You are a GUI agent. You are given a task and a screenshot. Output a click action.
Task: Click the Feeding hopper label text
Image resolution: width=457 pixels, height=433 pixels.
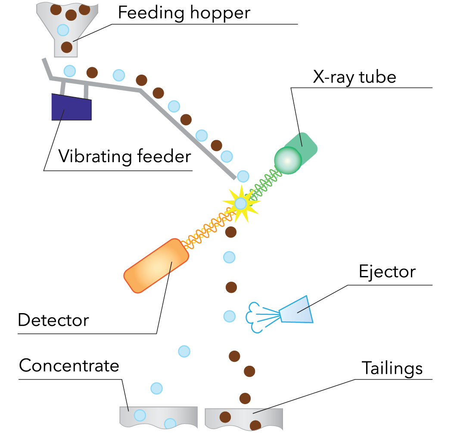[x=183, y=13]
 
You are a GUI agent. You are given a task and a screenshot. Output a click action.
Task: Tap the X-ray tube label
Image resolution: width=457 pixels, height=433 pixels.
[x=354, y=78]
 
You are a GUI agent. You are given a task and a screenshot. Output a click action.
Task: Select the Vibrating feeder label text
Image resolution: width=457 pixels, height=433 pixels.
[x=124, y=156]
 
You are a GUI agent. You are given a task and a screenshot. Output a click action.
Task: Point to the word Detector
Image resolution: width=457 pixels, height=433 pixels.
[x=53, y=320]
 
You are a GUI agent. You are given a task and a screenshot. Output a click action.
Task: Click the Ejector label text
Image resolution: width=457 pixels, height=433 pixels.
[x=387, y=272]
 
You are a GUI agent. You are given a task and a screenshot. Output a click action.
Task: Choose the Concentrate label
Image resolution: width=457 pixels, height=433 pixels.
[x=69, y=366]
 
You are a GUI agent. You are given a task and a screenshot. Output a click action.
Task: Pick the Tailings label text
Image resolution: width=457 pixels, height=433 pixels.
[x=392, y=368]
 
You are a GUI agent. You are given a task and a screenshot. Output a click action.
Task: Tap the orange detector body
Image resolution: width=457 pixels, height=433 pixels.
[x=156, y=266]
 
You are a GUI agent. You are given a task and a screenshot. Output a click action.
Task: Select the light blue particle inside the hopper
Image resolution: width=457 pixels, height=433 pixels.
[x=63, y=30]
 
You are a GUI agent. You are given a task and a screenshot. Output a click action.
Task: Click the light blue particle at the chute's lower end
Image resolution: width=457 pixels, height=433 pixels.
[x=243, y=176]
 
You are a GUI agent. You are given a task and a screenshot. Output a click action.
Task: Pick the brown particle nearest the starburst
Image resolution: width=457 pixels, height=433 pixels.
[x=231, y=232]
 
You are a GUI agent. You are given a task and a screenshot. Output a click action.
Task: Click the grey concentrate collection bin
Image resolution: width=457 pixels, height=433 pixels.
[x=158, y=417]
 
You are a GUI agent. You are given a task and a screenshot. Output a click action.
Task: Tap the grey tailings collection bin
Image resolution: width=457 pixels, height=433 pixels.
[x=244, y=417]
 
